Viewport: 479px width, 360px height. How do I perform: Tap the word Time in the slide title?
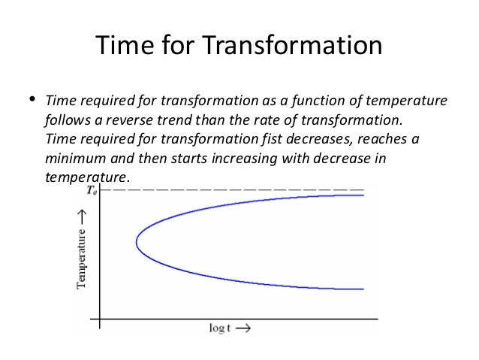tap(125, 47)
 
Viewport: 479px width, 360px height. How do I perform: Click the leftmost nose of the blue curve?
tap(137, 242)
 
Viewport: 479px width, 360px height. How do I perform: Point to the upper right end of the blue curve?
tap(363, 195)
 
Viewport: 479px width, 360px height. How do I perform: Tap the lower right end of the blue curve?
tap(363, 289)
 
